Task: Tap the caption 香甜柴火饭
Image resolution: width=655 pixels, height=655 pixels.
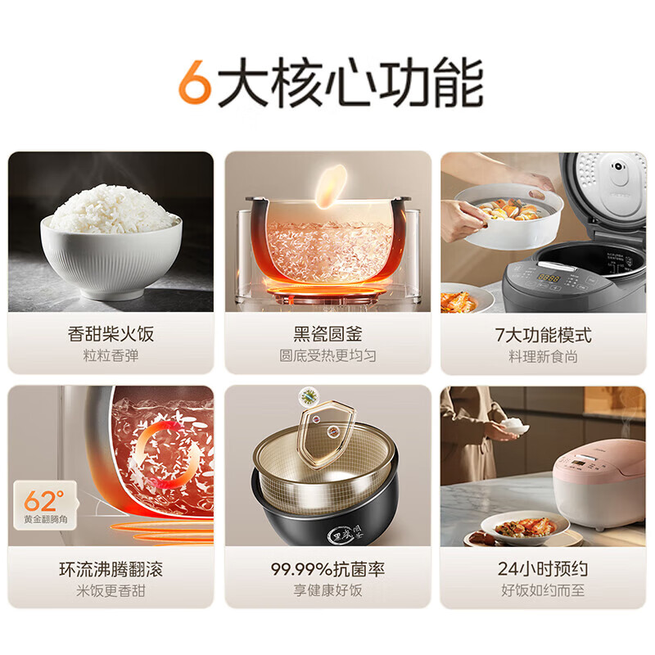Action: coord(111,334)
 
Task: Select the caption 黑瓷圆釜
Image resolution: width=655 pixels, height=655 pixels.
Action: coord(327,334)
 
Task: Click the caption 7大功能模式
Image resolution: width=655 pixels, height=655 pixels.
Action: coord(544,334)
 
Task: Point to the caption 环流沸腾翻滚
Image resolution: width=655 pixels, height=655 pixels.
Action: coord(111,569)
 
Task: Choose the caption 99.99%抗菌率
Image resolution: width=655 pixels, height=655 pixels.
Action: coord(327,569)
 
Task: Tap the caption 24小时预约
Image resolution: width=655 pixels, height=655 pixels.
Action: coord(544,569)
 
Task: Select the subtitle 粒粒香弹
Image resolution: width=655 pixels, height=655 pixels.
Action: coord(111,356)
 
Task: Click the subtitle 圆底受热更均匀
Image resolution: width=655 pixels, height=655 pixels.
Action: coord(327,356)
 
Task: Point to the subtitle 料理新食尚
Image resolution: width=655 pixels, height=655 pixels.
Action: coord(544,356)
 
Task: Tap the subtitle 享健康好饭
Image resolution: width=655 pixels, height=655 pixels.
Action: coord(327,590)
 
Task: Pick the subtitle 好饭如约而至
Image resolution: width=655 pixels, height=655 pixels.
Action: coord(544,590)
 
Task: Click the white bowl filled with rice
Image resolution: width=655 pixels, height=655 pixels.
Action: coord(112,246)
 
